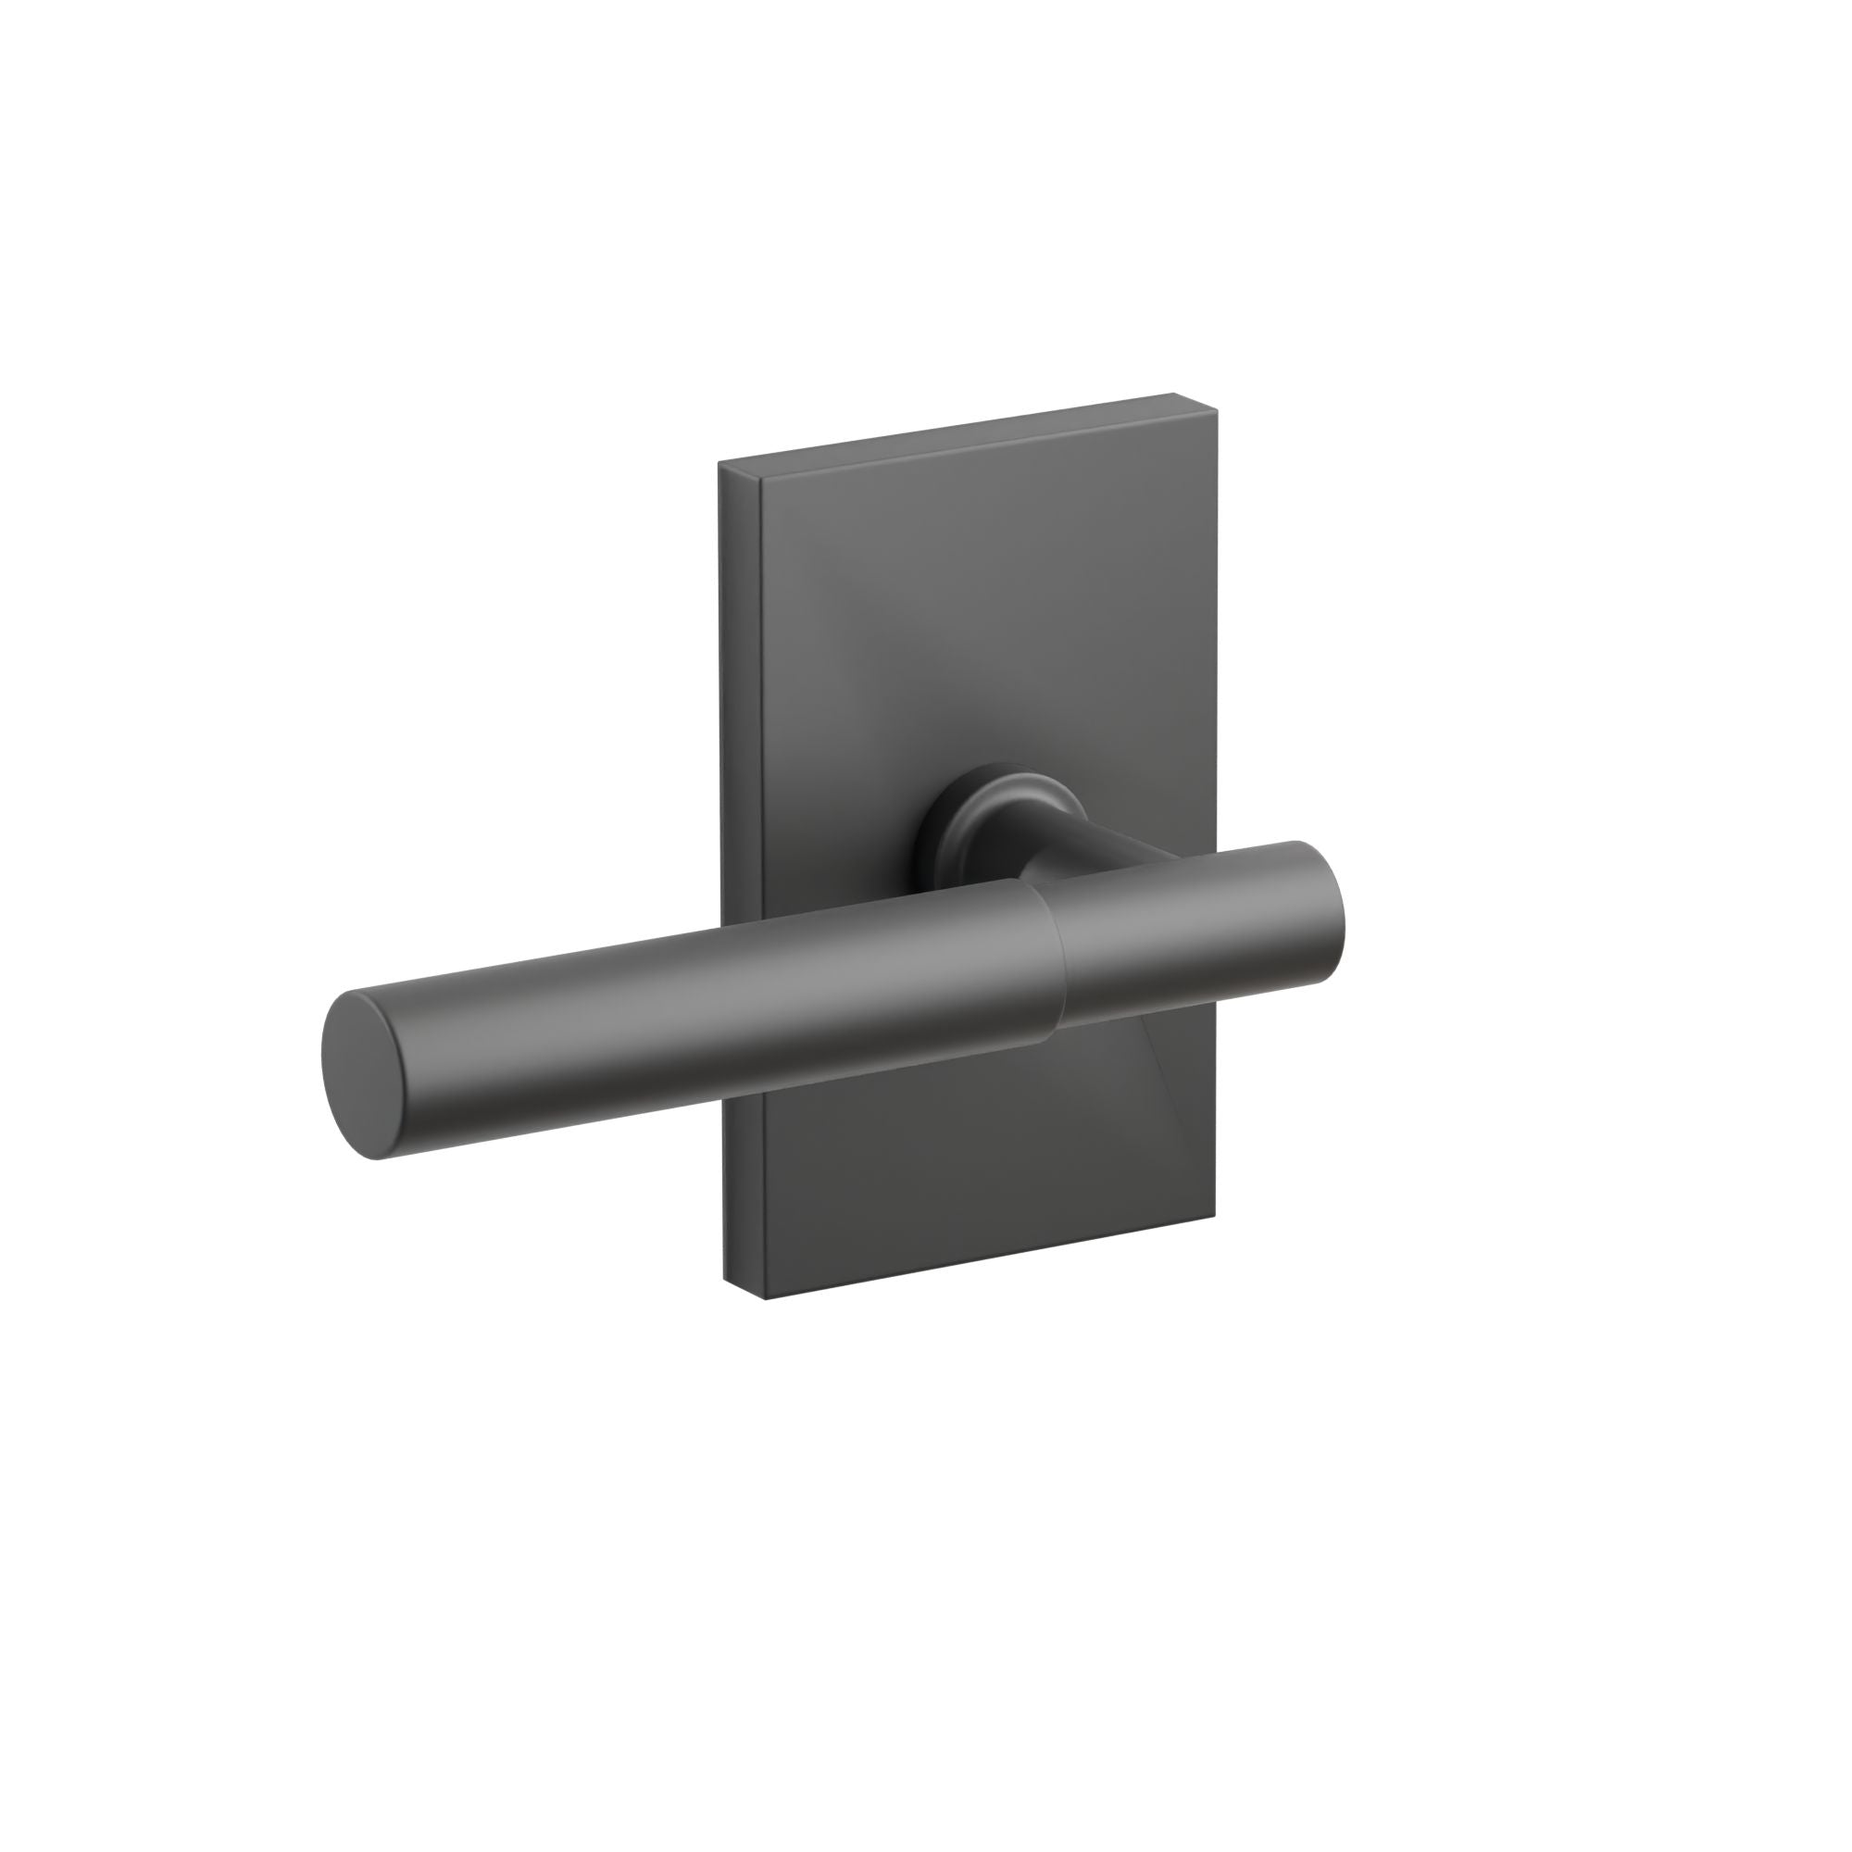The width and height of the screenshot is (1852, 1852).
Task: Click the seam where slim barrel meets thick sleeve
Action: point(1055,958)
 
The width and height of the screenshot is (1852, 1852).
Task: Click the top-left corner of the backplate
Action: point(720,464)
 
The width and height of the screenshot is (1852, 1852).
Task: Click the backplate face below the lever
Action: point(958,1179)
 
